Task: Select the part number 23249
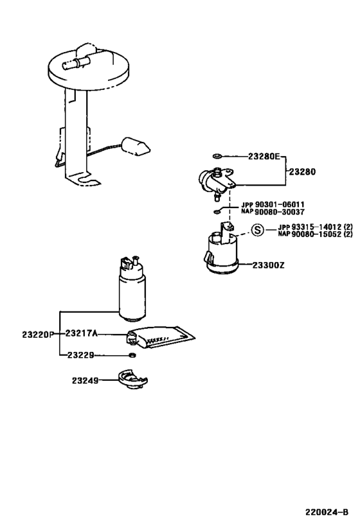(85, 380)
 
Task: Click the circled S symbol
(257, 230)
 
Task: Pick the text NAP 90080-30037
(273, 212)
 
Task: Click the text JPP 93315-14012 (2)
(315, 227)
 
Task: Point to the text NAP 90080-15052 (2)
(315, 234)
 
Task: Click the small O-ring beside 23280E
(217, 156)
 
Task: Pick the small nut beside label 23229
(132, 355)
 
